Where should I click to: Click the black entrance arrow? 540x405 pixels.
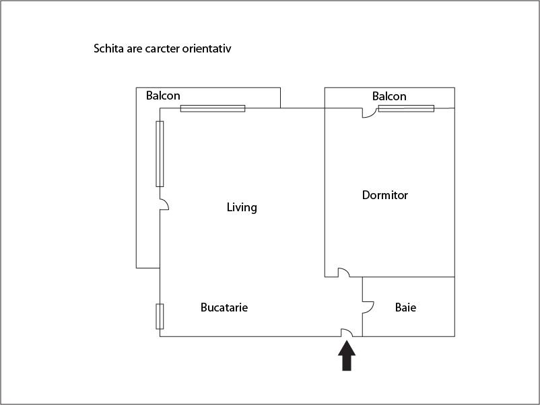click(x=347, y=356)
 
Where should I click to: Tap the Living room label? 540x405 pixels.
click(x=242, y=207)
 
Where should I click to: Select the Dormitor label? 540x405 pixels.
click(x=385, y=195)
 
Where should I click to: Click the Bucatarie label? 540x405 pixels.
click(x=224, y=307)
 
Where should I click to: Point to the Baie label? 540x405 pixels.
click(x=406, y=307)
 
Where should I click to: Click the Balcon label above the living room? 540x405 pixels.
click(x=163, y=96)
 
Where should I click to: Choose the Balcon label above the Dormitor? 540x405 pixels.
click(x=389, y=96)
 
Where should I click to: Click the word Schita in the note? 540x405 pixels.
click(x=108, y=48)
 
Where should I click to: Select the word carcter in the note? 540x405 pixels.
click(x=162, y=49)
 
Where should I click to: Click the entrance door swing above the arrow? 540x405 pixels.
click(x=347, y=332)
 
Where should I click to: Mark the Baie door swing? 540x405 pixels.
click(x=368, y=307)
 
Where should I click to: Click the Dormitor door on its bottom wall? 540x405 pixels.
click(x=343, y=272)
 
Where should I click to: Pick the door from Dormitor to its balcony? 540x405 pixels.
click(x=369, y=113)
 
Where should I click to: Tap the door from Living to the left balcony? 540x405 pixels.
click(x=164, y=205)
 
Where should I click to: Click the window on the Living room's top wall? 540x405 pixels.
click(x=213, y=108)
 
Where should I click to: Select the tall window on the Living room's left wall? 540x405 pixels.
click(x=160, y=154)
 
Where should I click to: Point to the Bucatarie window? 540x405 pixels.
click(x=160, y=316)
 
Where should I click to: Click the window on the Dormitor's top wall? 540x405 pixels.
click(x=407, y=108)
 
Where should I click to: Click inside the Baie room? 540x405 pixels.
click(x=409, y=322)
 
